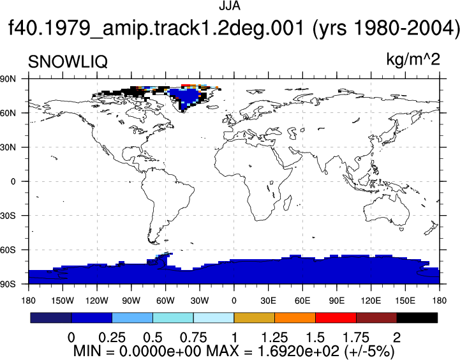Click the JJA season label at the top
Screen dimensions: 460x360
click(x=230, y=6)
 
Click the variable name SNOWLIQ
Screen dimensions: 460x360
click(x=68, y=62)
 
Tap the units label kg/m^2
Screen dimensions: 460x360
click(x=413, y=60)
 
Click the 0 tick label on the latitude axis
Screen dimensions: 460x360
click(x=13, y=182)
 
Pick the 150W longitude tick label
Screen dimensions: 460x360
click(x=63, y=301)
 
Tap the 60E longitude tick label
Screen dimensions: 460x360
click(x=302, y=301)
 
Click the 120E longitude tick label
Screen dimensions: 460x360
click(x=371, y=301)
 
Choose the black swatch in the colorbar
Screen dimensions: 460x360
click(x=417, y=318)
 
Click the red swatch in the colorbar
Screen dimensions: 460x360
click(x=336, y=318)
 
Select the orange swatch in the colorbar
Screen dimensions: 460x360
click(x=295, y=318)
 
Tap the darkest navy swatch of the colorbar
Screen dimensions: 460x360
click(x=51, y=318)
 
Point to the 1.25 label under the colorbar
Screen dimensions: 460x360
click(x=274, y=338)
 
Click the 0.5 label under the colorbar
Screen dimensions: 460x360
click(x=152, y=338)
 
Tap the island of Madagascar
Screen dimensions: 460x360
click(x=288, y=203)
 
